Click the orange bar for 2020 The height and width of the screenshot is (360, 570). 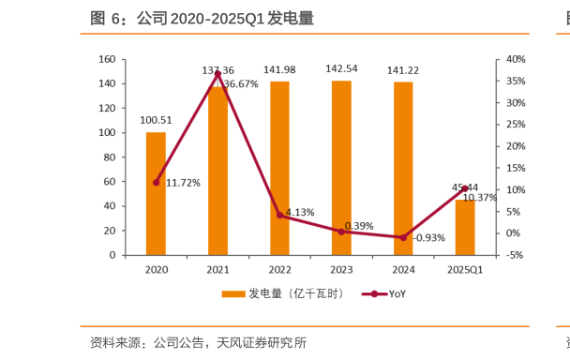156,193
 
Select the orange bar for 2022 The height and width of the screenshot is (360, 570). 279,168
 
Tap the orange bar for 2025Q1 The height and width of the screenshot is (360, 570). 465,227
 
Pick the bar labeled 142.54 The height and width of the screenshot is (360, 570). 341,168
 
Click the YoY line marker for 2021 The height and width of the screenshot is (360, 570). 217,73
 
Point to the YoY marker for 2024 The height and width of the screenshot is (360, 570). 403,237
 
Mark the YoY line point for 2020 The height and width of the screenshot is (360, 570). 156,182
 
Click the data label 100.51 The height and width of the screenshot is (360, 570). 156,119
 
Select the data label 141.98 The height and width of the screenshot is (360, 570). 279,70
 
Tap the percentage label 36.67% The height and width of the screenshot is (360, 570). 241,84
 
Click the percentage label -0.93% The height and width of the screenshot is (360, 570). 427,237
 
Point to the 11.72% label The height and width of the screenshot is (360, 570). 183,183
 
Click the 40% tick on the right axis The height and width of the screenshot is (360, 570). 517,59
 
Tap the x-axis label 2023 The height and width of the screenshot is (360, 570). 341,270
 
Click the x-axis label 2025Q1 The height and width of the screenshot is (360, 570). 465,270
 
